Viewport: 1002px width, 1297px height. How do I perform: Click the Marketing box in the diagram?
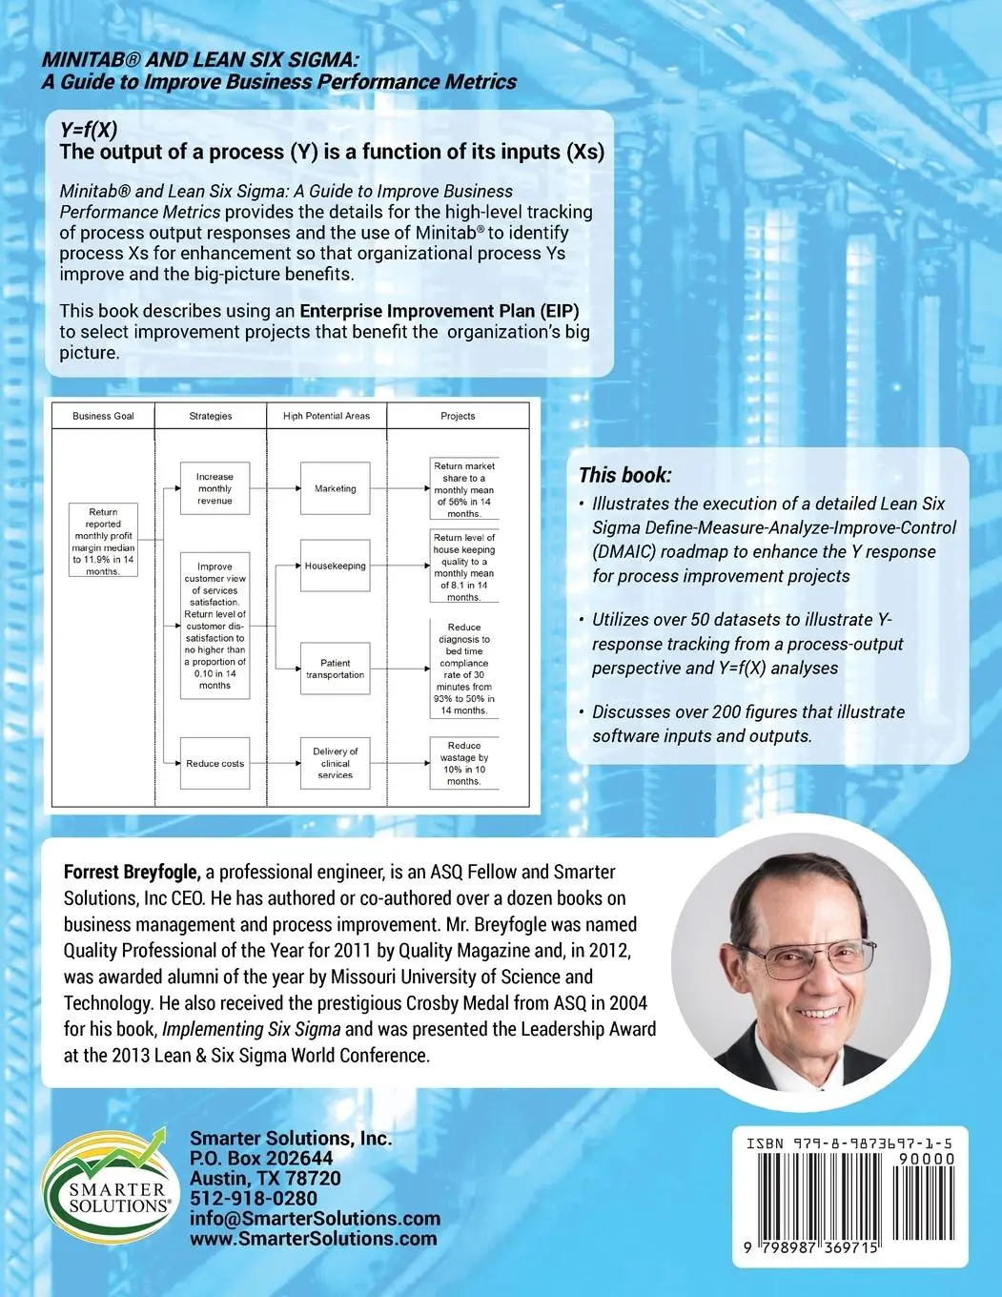pyautogui.click(x=335, y=488)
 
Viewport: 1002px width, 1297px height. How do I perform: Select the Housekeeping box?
pyautogui.click(x=335, y=566)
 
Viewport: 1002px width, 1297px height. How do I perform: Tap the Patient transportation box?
pyautogui.click(x=335, y=669)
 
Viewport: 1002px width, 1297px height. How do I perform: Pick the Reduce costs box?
pyautogui.click(x=215, y=763)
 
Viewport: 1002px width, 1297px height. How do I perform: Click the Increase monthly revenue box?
pyautogui.click(x=215, y=488)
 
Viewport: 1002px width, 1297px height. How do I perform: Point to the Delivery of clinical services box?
pyautogui.click(x=335, y=763)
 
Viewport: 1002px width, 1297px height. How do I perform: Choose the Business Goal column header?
pyautogui.click(x=103, y=416)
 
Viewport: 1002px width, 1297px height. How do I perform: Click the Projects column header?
pyautogui.click(x=458, y=416)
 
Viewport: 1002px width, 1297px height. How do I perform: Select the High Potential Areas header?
pyautogui.click(x=326, y=416)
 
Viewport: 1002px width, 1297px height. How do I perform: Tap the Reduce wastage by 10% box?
pyautogui.click(x=463, y=763)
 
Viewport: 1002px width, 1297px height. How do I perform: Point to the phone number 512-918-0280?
pyautogui.click(x=254, y=1198)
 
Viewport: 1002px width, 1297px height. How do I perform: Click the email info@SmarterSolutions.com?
pyautogui.click(x=315, y=1218)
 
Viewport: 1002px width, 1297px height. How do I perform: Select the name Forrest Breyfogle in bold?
pyautogui.click(x=132, y=872)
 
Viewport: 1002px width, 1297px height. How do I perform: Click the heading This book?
pyautogui.click(x=624, y=475)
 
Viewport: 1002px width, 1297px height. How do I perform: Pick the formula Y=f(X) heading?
pyautogui.click(x=89, y=131)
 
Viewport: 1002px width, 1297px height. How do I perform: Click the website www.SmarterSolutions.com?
pyautogui.click(x=313, y=1239)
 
